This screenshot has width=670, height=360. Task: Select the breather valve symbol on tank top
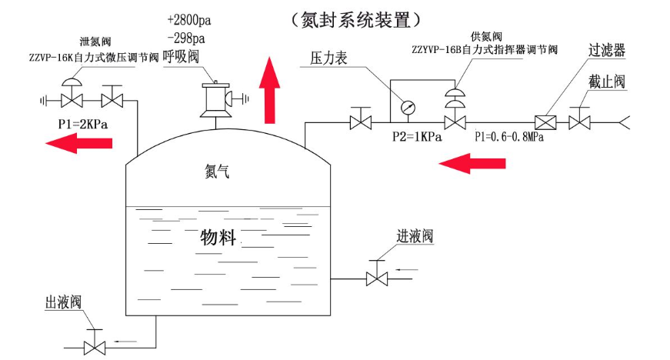216,99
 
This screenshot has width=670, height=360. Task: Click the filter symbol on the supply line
545,122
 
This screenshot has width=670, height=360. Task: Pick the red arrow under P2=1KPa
472,162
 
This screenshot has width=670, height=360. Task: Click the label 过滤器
607,52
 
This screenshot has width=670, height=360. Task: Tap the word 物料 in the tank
218,235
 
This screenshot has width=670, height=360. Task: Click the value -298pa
185,38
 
